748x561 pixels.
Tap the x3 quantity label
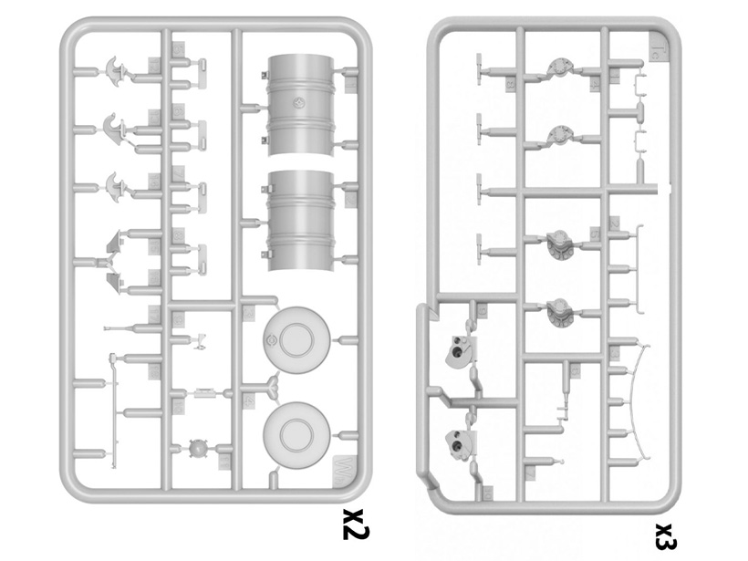point(665,535)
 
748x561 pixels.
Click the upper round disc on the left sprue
point(296,341)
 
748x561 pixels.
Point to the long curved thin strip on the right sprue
point(647,401)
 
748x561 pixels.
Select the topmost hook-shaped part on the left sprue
point(118,68)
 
